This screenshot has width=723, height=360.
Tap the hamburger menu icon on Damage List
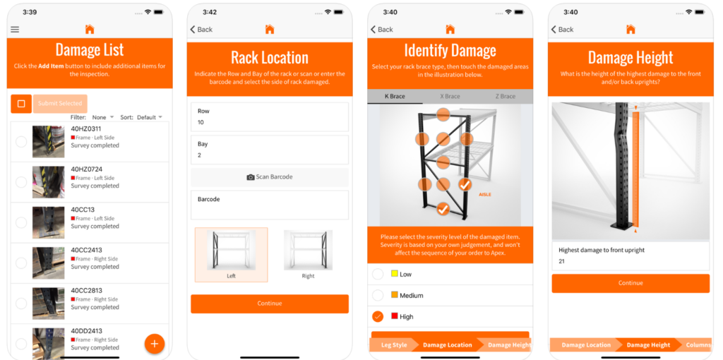coord(15,30)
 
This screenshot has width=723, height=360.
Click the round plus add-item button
coord(154,344)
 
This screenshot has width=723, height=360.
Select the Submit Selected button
coord(60,104)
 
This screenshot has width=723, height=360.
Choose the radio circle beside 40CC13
coord(21,222)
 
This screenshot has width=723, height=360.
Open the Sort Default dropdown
coord(149,117)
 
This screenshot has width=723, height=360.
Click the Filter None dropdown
coord(102,117)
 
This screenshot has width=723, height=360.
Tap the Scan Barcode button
coord(269,177)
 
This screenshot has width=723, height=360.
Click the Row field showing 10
coord(269,117)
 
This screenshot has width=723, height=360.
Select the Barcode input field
coord(269,205)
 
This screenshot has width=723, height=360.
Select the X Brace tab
coord(450,97)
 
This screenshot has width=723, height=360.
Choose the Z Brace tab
coord(505,97)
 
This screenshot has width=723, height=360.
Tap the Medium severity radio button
coord(378,295)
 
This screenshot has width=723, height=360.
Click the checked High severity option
coord(378,316)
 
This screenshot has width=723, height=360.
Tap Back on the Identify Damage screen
coord(382,30)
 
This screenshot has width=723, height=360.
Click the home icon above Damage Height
coord(631,30)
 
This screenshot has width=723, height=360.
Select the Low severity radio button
coord(378,274)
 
